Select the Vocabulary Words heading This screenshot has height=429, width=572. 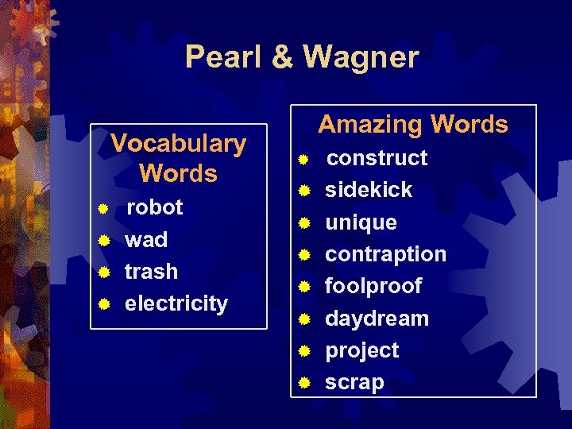pos(178,158)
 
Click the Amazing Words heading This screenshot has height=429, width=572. pos(413,124)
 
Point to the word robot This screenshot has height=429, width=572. pos(155,207)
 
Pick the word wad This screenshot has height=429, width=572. pos(146,239)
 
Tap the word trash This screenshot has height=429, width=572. pos(151,271)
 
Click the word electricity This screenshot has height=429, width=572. pos(176,303)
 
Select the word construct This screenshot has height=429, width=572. pos(377,158)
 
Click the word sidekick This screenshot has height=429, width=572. pos(369,190)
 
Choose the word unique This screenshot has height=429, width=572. pos(361,222)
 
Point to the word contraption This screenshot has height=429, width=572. pos(385,254)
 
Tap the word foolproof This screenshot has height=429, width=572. pos(373,286)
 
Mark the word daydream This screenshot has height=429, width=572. pos(377,319)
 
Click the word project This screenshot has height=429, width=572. pos(361,350)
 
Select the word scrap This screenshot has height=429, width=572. pos(354,382)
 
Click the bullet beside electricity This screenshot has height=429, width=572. pos(102,303)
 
